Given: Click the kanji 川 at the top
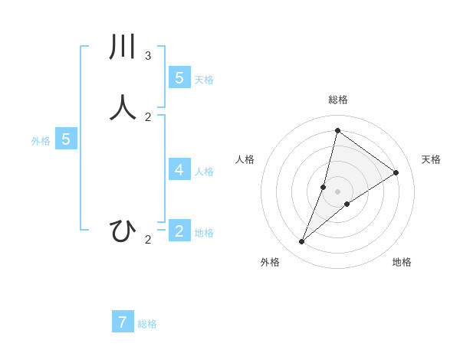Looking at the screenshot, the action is (123, 47).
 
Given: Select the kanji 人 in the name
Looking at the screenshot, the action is (123, 107).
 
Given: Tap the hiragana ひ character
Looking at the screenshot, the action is (123, 231).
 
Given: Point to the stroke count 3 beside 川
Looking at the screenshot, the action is (148, 56).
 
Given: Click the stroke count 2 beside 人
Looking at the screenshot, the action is (148, 117).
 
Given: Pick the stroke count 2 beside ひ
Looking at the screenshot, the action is (148, 241).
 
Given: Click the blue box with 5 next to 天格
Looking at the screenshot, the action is (179, 77).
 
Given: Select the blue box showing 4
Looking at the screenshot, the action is (179, 169).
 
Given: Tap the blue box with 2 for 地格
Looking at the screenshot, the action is (179, 231).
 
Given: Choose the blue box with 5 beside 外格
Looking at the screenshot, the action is (66, 139).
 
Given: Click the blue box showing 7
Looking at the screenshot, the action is (123, 322).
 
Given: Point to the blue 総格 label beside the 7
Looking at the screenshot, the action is (147, 324).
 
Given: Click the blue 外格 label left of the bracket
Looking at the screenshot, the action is (41, 141).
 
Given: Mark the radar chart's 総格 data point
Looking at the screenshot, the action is (337, 130).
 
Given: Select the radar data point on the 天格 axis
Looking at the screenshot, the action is (396, 172).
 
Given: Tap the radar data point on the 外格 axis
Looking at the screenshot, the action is (301, 242).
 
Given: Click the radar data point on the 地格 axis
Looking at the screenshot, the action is (347, 204).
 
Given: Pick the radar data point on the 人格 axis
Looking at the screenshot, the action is (324, 187).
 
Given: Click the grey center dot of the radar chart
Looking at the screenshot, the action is (337, 191).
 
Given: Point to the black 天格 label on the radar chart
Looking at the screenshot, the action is (431, 159).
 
